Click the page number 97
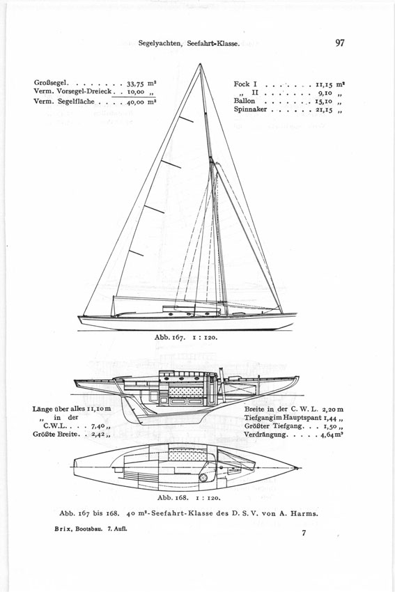coord(339,42)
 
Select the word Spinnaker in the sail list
coord(250,109)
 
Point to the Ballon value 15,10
coord(324,101)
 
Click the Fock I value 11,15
coord(324,84)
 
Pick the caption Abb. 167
coord(169,337)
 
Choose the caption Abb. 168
coord(173,497)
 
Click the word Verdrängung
coord(265,435)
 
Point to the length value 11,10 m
coord(99,409)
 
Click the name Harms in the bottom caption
coord(306,513)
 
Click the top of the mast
coord(200,64)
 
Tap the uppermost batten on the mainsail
coord(186,119)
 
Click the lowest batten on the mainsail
coord(136,253)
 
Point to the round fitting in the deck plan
coord(203,478)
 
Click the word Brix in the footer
coord(61,529)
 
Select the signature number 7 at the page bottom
coord(304,533)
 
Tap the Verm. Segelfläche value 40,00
coord(136,102)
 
